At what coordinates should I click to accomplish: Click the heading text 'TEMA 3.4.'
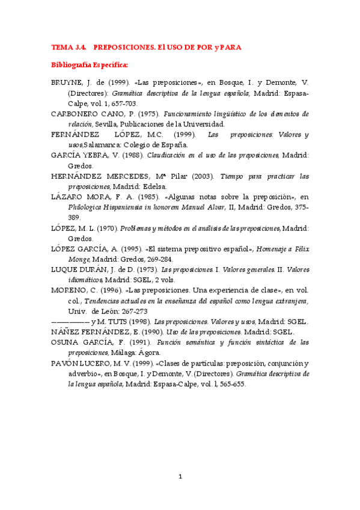69,47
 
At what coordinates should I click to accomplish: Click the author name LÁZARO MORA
81,197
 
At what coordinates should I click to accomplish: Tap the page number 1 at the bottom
180,477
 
